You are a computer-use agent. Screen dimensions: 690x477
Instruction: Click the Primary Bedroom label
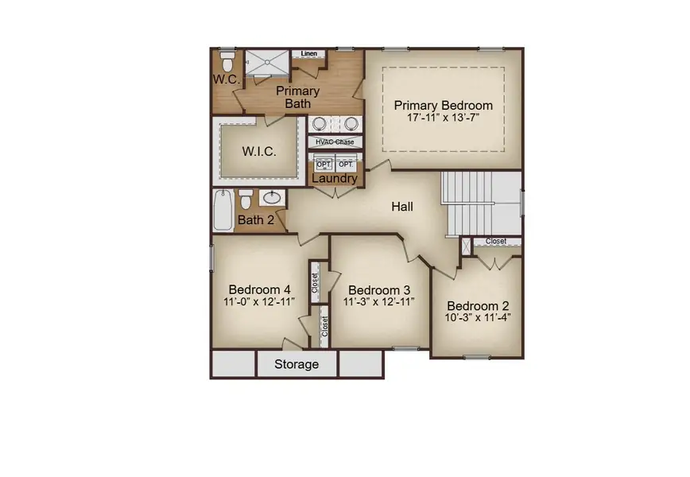click(443, 106)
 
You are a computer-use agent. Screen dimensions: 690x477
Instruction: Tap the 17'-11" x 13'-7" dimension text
click(443, 118)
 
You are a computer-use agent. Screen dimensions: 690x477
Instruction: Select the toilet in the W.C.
click(227, 62)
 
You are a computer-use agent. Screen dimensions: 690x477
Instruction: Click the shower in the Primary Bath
click(267, 63)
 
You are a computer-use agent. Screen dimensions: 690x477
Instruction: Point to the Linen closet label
click(309, 54)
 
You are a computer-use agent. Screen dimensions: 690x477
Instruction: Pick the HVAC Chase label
click(335, 142)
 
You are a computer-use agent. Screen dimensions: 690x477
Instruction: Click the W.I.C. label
click(259, 152)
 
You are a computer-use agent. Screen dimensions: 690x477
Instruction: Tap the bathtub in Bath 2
click(223, 210)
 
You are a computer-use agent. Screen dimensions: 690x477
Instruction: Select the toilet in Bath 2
click(246, 200)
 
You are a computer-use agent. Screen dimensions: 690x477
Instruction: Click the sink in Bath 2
click(272, 198)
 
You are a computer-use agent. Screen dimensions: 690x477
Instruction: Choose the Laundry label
click(335, 178)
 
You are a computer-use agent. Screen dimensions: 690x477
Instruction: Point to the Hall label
click(402, 207)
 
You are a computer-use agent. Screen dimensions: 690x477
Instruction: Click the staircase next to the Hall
click(482, 204)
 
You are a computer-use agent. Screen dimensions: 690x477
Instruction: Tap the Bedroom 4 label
click(260, 289)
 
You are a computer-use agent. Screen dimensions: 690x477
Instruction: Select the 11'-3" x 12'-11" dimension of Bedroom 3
click(379, 302)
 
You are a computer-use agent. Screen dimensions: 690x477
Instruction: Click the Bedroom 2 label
click(478, 306)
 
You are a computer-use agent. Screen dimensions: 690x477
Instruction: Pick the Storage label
click(297, 364)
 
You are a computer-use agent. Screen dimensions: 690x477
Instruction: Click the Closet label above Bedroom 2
click(496, 242)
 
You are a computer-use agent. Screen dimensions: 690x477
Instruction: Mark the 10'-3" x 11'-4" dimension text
click(478, 318)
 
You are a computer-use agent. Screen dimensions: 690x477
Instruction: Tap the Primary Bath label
click(298, 97)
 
